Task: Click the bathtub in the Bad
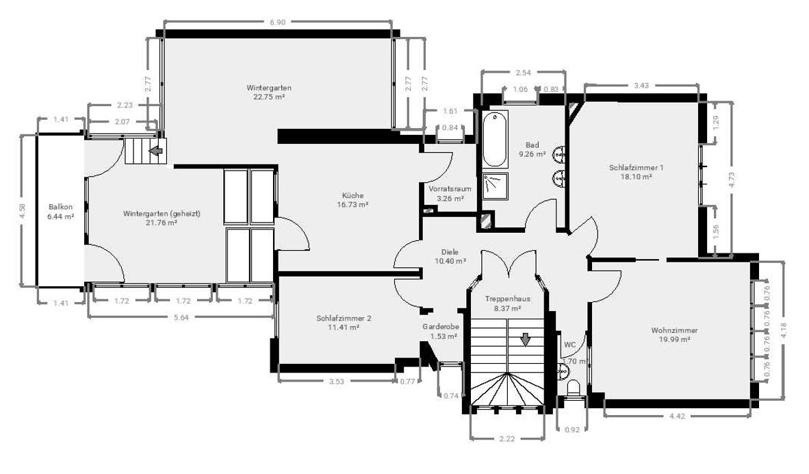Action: pyautogui.click(x=496, y=140)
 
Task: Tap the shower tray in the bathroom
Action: pyautogui.click(x=496, y=186)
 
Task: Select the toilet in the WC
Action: pyautogui.click(x=574, y=388)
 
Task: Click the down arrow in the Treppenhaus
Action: pyautogui.click(x=525, y=339)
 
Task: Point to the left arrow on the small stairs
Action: pyautogui.click(x=156, y=151)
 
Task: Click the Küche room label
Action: pyautogui.click(x=353, y=196)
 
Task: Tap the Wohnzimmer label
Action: pyautogui.click(x=674, y=330)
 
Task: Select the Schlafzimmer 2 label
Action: pyautogui.click(x=344, y=318)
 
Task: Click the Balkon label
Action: pyautogui.click(x=61, y=207)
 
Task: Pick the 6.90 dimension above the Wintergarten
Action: pyautogui.click(x=278, y=22)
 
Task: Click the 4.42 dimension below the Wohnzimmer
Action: pyautogui.click(x=677, y=416)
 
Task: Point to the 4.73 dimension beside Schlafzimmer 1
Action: pyautogui.click(x=731, y=179)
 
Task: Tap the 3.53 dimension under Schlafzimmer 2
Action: pyautogui.click(x=336, y=382)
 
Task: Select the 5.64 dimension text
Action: pyautogui.click(x=181, y=318)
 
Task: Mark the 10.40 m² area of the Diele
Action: pyautogui.click(x=450, y=261)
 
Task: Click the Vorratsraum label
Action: pyautogui.click(x=450, y=189)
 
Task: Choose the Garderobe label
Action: pyautogui.click(x=441, y=327)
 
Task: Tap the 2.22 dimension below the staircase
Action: pyautogui.click(x=507, y=439)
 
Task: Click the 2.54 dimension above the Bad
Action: pyautogui.click(x=523, y=73)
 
